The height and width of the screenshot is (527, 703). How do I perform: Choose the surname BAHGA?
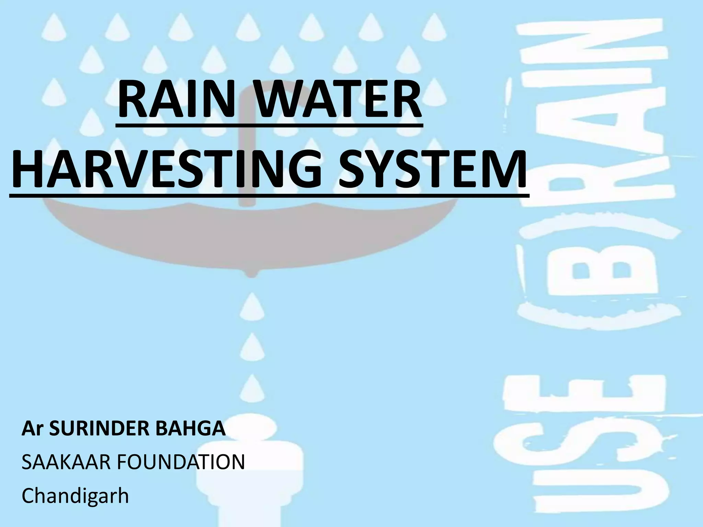[x=191, y=429]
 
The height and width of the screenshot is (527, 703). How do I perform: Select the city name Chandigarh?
[x=75, y=495]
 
